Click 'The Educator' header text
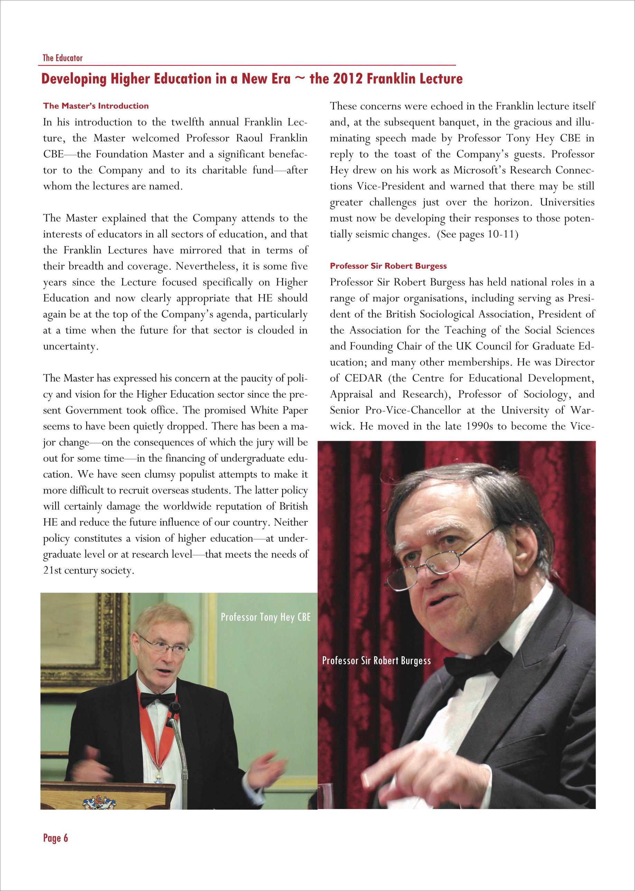[63, 58]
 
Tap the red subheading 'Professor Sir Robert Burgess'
[388, 266]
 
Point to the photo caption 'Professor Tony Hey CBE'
[265, 617]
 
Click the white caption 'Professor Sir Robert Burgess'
[376, 661]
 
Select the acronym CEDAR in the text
[363, 378]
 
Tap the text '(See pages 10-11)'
[477, 234]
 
